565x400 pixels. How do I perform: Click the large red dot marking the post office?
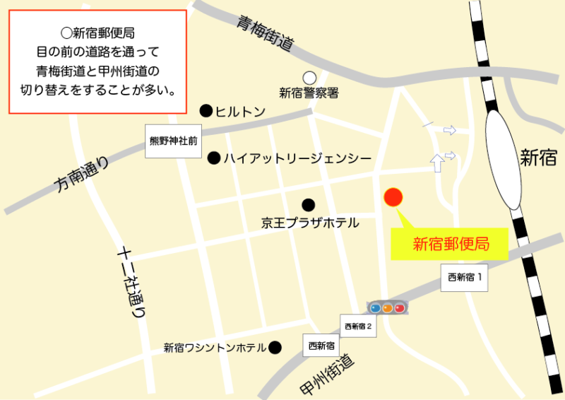point(393,198)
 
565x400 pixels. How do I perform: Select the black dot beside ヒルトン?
point(206,110)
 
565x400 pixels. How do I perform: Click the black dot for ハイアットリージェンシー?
point(213,158)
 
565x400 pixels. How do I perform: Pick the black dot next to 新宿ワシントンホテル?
point(275,347)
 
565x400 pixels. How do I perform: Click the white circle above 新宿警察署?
point(309,78)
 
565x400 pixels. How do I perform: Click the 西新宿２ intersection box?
point(358,327)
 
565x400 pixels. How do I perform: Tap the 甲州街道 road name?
point(326,375)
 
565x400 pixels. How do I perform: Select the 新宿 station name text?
point(538,158)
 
